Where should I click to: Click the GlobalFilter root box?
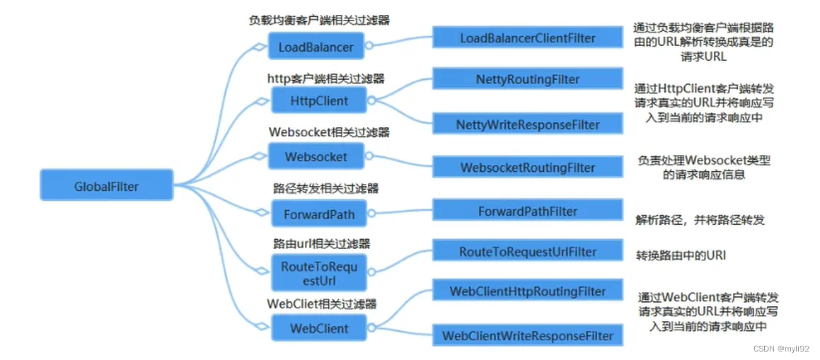click(x=107, y=187)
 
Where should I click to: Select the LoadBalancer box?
click(x=316, y=47)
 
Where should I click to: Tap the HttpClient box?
click(x=319, y=101)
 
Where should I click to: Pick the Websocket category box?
click(x=316, y=156)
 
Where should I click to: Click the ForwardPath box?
click(x=319, y=213)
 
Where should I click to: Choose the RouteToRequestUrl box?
click(x=320, y=273)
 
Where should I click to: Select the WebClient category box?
click(x=319, y=328)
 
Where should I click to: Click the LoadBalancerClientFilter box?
click(x=528, y=38)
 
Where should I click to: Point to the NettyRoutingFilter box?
click(x=528, y=80)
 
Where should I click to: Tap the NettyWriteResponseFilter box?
click(x=528, y=124)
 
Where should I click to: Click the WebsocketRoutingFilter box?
click(x=528, y=168)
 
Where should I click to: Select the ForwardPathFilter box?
click(x=528, y=211)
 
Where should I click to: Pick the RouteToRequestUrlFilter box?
click(x=528, y=251)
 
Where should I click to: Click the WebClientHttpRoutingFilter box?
click(x=528, y=291)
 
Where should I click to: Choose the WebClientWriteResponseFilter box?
click(x=528, y=335)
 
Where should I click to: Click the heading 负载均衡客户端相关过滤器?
click(x=319, y=21)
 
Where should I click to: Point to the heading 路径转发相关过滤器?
click(x=325, y=188)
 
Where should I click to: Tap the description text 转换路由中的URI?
click(x=681, y=256)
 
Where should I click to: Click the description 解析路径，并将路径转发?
click(x=700, y=220)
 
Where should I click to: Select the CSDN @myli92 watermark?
click(x=780, y=349)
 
